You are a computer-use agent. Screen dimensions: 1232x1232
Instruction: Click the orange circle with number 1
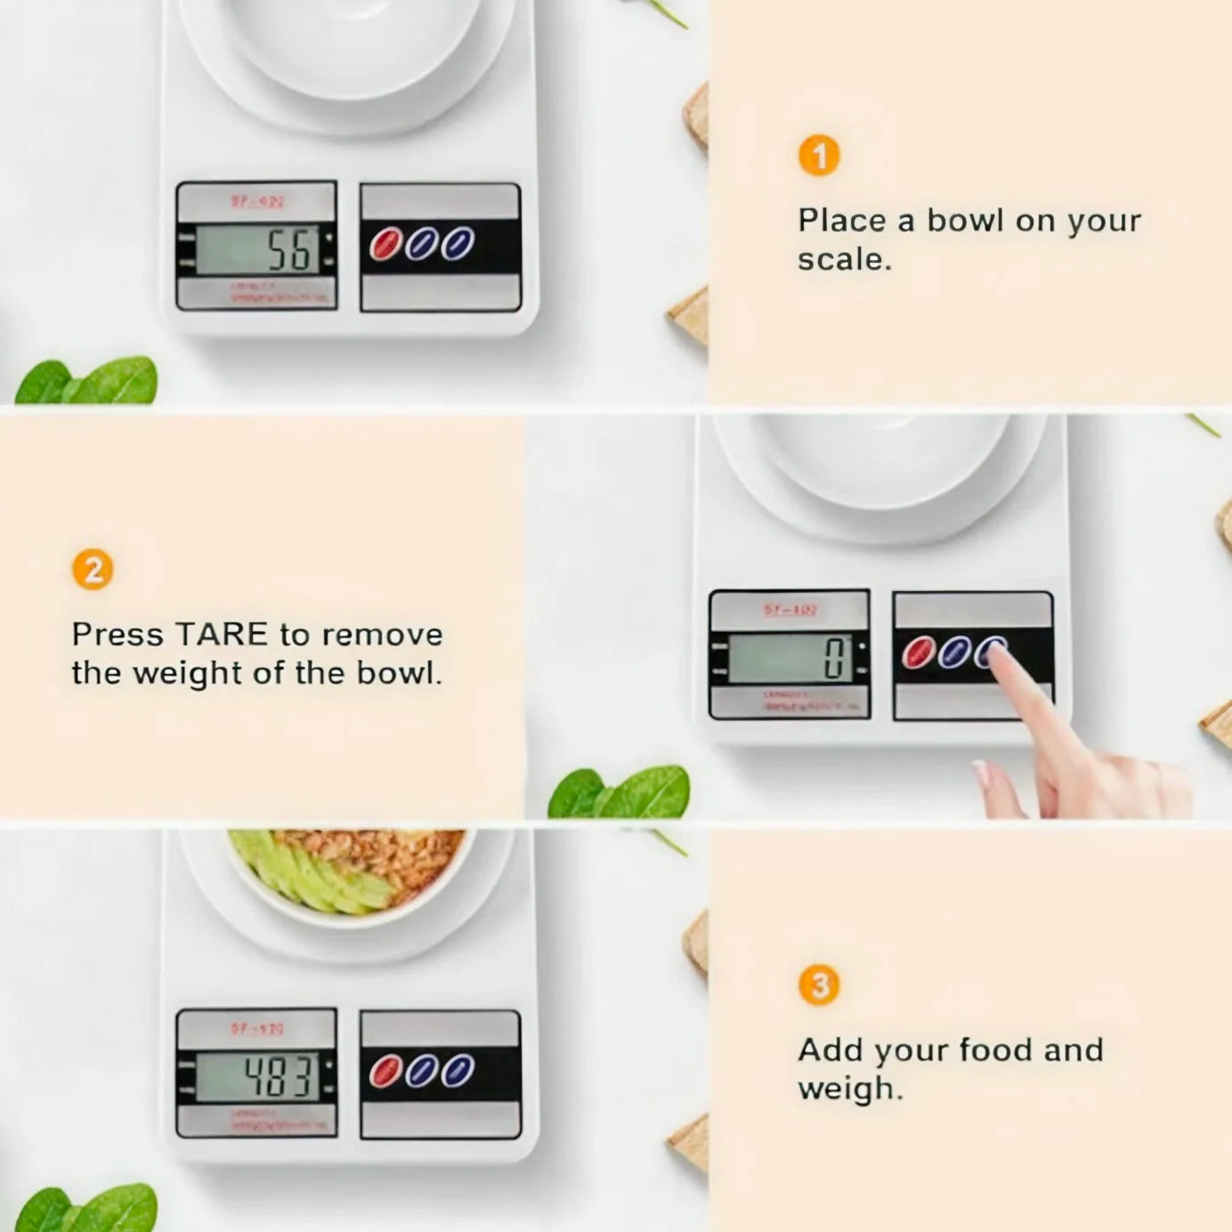819,156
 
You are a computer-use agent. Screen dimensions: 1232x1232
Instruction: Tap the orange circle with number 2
93,570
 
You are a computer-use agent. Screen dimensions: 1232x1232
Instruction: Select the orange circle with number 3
819,985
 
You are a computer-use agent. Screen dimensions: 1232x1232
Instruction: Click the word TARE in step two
222,635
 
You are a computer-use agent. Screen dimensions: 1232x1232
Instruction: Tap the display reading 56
258,250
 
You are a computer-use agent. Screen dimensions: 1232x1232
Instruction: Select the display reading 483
258,1077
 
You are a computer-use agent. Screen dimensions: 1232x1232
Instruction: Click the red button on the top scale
385,244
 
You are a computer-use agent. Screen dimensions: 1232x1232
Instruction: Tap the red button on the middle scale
918,652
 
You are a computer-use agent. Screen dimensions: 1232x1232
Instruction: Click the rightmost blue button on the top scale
458,244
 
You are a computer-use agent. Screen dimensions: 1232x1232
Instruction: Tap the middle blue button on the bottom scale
421,1071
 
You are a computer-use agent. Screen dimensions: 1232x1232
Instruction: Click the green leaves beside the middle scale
623,792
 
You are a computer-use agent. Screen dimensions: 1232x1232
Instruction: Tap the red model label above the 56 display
257,201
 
